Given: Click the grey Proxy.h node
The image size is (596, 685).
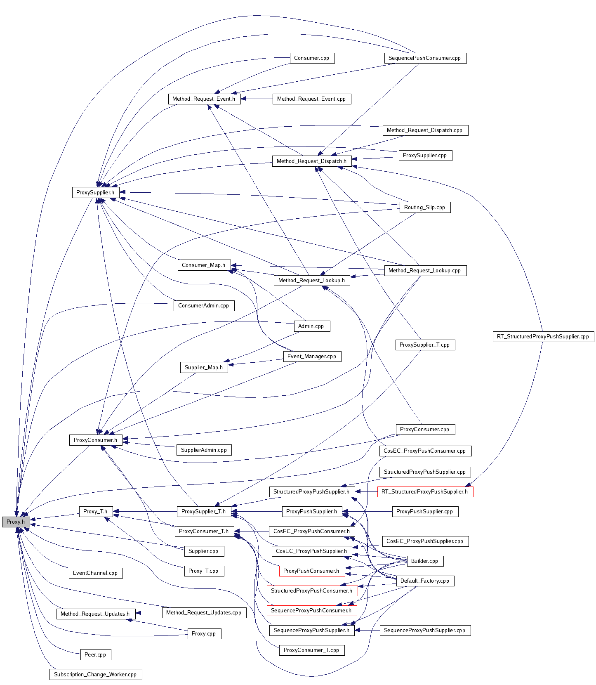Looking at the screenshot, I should click(x=16, y=522).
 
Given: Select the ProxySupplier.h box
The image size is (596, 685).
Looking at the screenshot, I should click(x=95, y=192).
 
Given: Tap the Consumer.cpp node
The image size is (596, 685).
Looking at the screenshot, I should click(x=311, y=58).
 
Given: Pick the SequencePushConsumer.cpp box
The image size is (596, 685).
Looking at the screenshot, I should click(x=425, y=58).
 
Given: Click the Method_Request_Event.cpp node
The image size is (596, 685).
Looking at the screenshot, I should click(x=311, y=99).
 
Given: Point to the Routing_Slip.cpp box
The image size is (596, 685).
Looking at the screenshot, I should click(x=424, y=207).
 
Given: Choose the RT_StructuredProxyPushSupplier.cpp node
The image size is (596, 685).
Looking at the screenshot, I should click(x=543, y=337).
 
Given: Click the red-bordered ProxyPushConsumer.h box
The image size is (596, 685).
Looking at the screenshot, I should click(x=311, y=571).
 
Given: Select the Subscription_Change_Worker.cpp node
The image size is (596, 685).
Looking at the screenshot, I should click(x=95, y=675).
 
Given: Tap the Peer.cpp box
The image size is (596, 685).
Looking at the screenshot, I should click(x=95, y=654).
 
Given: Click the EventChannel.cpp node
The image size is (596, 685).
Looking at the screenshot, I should click(x=95, y=573).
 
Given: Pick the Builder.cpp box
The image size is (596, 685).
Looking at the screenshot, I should click(x=424, y=561).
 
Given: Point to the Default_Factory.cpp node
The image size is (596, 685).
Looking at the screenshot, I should click(x=424, y=581).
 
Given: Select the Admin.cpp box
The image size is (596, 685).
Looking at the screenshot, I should click(x=311, y=326).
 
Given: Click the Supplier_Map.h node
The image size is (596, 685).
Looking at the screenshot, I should click(x=204, y=367).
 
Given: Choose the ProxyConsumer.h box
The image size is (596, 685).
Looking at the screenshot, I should click(x=95, y=440).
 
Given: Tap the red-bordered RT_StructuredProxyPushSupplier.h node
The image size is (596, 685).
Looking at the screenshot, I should click(x=425, y=492).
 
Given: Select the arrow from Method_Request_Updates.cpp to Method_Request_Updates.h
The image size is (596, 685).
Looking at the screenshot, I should click(x=149, y=613).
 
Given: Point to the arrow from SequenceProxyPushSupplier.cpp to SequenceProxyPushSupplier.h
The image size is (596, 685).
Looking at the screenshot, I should click(x=367, y=631).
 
